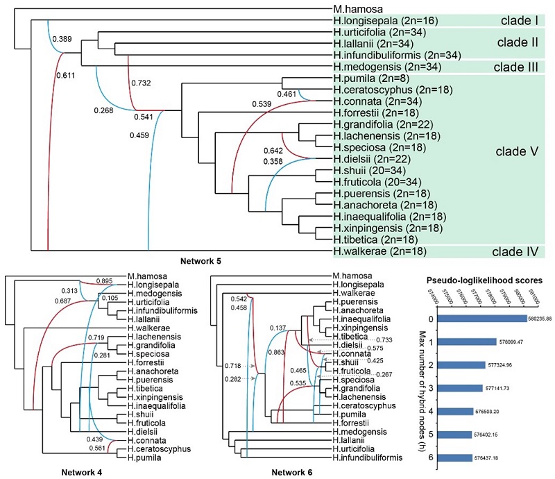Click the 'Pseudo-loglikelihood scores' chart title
coord(485,280)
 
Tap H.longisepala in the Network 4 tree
coord(151,285)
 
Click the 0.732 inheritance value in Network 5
coord(141,83)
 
